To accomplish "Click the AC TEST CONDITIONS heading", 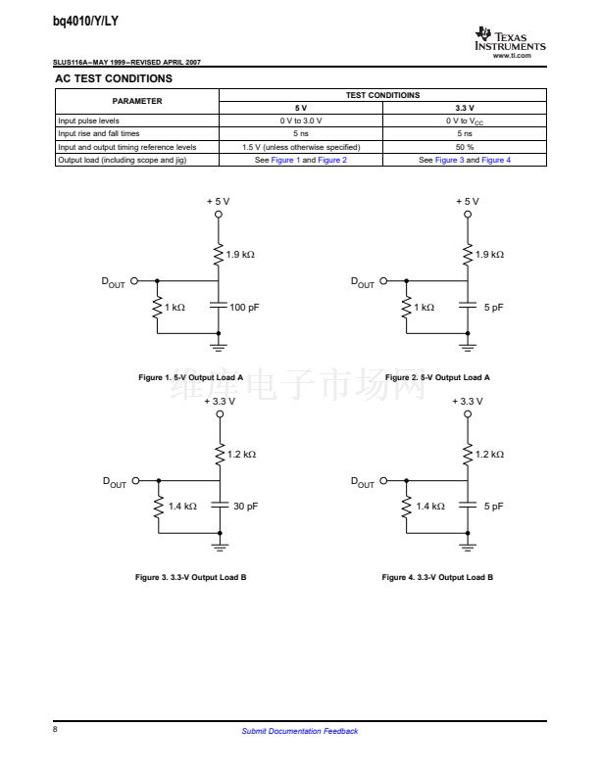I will click(x=113, y=78).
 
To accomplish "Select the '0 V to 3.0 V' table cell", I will click(x=301, y=121).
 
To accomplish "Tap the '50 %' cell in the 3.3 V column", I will click(x=465, y=147).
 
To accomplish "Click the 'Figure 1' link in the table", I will click(x=285, y=160).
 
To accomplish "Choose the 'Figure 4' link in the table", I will click(x=495, y=160).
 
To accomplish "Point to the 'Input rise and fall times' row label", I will click(x=99, y=133).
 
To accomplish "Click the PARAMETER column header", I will click(x=137, y=101).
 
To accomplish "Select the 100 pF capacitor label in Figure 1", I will click(x=244, y=308).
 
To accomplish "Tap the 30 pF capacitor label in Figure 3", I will click(x=245, y=507).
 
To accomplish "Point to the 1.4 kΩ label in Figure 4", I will click(x=429, y=507).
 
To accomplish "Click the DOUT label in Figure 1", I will click(x=114, y=282).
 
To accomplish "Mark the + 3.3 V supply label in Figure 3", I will click(x=220, y=401).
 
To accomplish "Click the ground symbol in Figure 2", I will click(x=469, y=344).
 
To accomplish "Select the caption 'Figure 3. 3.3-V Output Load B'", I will click(x=190, y=577).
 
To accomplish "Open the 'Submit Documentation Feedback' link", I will click(x=299, y=731).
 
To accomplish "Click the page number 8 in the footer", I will click(x=56, y=730).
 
